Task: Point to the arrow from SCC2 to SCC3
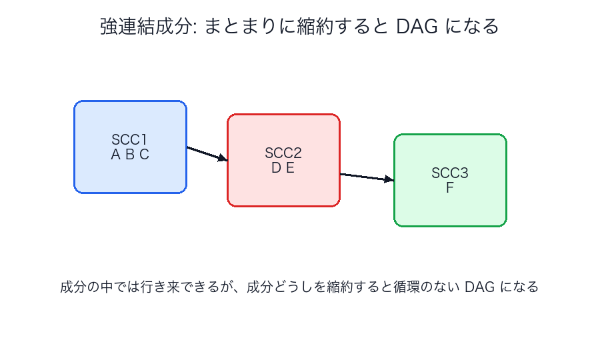(365, 177)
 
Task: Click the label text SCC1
(129, 140)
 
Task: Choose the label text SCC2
(283, 153)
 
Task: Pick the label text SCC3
(450, 173)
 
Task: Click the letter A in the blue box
(115, 155)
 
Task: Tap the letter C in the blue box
(144, 155)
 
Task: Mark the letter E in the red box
(290, 168)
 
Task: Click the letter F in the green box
(450, 188)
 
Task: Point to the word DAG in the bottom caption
(481, 287)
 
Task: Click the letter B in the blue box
(129, 155)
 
